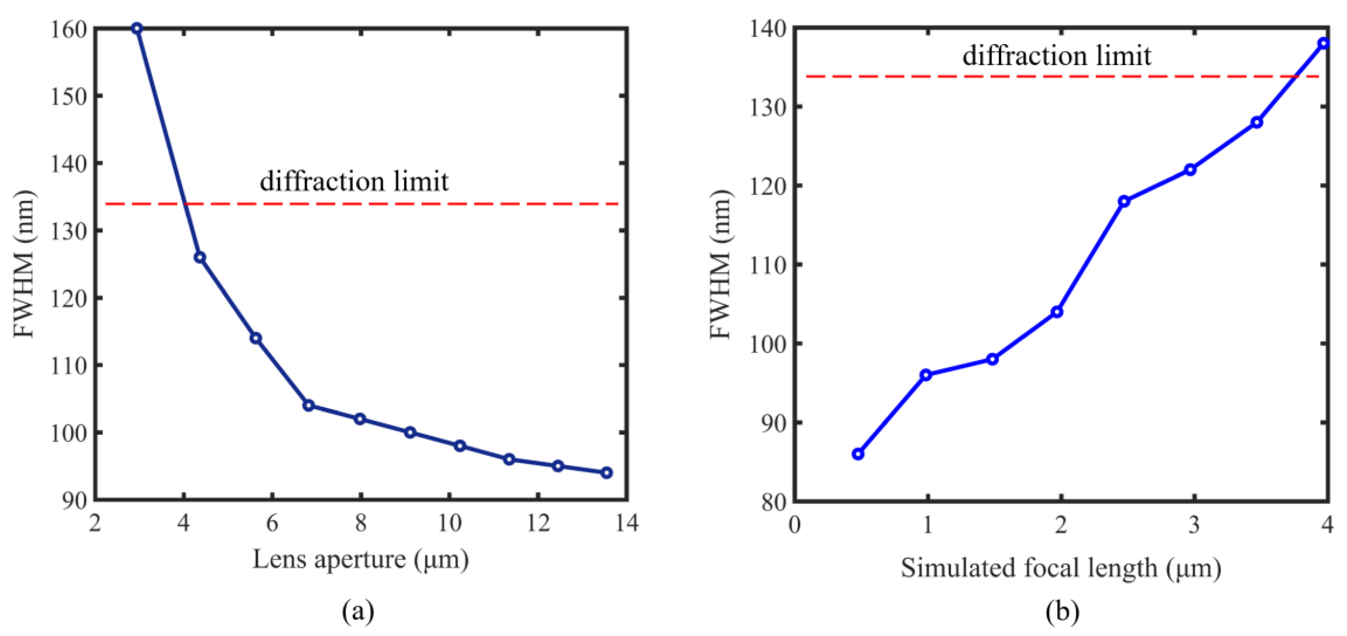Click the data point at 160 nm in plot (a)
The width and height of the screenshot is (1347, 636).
pos(137,28)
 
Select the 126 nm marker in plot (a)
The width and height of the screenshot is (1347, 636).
pos(200,257)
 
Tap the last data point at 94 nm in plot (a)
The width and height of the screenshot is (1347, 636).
pos(607,473)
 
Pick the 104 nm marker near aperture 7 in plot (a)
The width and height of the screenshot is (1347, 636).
pos(308,405)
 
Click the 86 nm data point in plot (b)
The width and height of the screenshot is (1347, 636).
pos(858,454)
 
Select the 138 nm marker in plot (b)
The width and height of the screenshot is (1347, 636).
pos(1324,43)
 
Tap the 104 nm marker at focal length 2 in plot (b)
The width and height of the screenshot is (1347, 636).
pos(1057,312)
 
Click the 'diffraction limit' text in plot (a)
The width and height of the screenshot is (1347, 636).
pos(354,181)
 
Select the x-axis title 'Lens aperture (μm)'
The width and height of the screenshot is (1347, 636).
pos(361,560)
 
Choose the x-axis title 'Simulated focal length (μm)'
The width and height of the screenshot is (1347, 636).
pos(1060,568)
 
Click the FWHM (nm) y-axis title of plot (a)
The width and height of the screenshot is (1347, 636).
pos(24,264)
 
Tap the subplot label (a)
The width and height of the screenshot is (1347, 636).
pos(358,610)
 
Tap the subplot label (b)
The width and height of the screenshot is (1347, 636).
pos(1062,610)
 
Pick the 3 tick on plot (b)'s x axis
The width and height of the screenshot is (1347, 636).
pos(1194,525)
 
